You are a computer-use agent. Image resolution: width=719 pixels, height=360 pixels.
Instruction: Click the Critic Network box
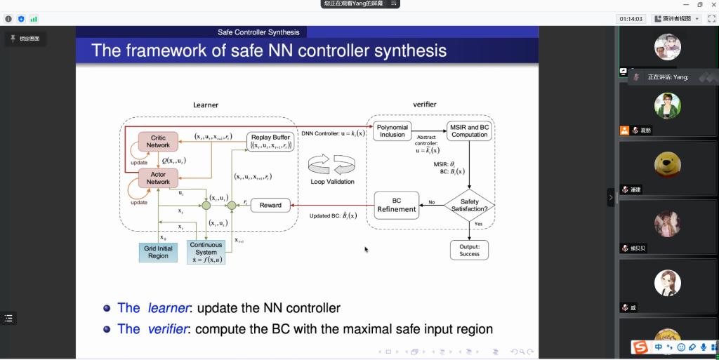coord(158,141)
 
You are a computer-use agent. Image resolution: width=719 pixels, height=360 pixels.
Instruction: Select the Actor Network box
coord(158,178)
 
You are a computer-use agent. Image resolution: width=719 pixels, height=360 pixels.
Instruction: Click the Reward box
coord(270,206)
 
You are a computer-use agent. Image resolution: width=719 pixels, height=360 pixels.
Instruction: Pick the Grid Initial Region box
coord(158,252)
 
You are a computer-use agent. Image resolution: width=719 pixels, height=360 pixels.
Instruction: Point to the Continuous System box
coord(206,252)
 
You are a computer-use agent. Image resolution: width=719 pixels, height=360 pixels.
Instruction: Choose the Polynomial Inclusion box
coord(393,131)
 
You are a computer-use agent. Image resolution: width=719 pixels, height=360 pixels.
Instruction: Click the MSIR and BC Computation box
coord(469,131)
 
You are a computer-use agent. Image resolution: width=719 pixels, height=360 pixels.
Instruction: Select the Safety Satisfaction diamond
coord(469,205)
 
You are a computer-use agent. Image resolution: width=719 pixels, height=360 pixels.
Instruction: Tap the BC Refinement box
coord(397,205)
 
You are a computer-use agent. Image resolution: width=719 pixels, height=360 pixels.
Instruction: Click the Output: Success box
coord(469,250)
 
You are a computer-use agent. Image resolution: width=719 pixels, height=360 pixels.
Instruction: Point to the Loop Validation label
coord(332,181)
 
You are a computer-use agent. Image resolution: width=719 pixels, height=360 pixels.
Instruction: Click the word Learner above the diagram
coord(206,105)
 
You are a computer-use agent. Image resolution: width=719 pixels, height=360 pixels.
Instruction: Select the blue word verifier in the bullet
coord(167,328)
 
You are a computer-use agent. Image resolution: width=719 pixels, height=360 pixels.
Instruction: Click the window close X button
coord(711,5)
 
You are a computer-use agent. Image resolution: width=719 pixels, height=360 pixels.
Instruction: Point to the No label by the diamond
coord(432,202)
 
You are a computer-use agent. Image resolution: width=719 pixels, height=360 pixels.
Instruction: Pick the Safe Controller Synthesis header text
coord(258,32)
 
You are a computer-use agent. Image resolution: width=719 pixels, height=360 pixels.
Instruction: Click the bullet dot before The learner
coord(107,308)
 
